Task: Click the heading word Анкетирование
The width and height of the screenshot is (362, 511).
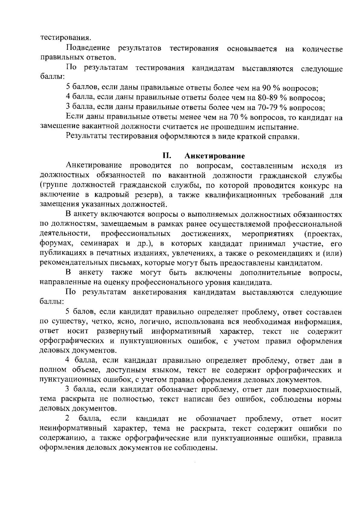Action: [x=214, y=156]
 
